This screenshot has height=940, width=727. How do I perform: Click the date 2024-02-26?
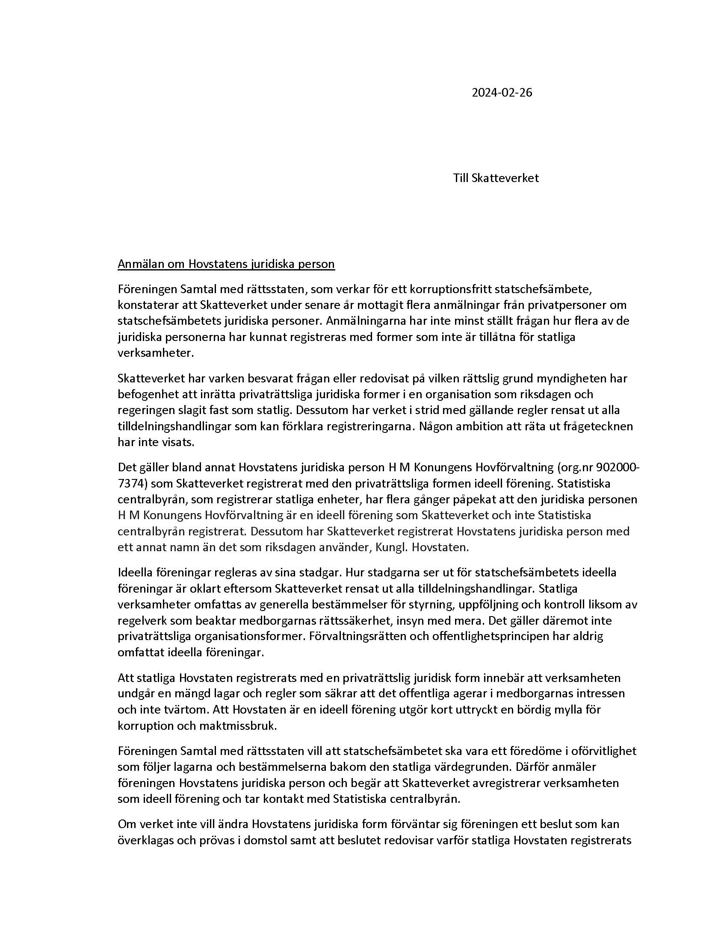[x=502, y=93]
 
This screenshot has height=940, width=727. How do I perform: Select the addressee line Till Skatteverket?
[x=495, y=178]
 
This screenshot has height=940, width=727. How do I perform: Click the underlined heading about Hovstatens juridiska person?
[x=226, y=263]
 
